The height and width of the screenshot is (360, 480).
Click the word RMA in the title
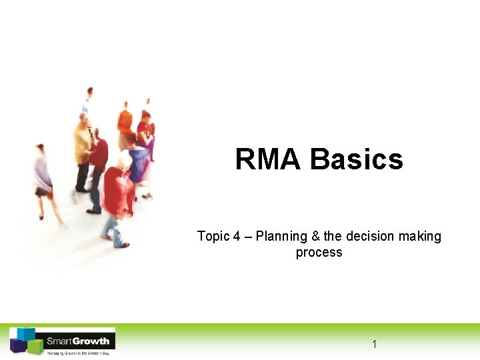(x=269, y=160)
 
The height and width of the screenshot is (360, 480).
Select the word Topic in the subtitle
(x=212, y=237)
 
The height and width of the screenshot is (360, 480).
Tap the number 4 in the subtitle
(x=237, y=237)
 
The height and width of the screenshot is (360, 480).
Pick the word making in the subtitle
(x=421, y=237)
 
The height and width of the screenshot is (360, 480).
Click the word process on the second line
(x=319, y=253)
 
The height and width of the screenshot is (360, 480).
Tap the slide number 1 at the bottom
(x=374, y=344)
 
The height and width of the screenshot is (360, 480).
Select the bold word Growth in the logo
(x=91, y=341)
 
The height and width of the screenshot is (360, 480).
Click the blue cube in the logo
(x=26, y=333)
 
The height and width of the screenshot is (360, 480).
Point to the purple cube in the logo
(x=17, y=345)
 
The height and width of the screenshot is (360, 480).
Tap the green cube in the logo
(x=34, y=347)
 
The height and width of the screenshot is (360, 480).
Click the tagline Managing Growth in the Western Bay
(x=77, y=352)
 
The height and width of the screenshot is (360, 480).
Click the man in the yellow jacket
(x=83, y=150)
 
